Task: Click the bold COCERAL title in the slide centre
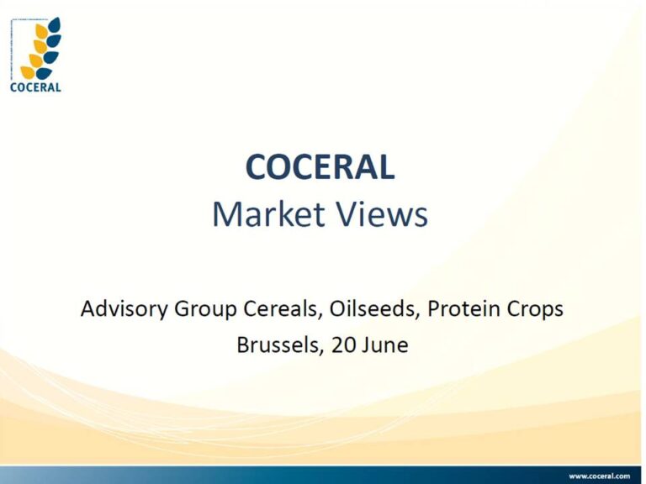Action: click(320, 166)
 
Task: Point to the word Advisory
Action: click(124, 309)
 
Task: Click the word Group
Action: click(205, 309)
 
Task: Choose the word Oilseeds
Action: click(374, 308)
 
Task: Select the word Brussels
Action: click(278, 345)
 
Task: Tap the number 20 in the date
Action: click(343, 345)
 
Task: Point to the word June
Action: click(385, 345)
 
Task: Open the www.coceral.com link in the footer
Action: click(600, 476)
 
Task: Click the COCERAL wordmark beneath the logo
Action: click(35, 87)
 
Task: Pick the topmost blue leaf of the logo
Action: click(55, 24)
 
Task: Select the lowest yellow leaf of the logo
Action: click(28, 72)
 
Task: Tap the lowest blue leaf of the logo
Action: click(44, 73)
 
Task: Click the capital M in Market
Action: click(225, 214)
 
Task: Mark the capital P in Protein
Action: click(433, 308)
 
